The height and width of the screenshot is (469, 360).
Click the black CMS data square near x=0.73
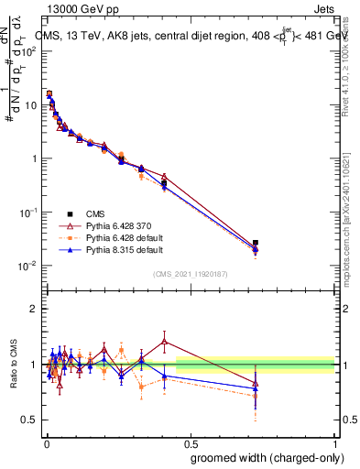(x=256, y=243)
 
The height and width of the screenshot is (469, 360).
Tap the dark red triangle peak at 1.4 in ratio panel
(x=164, y=342)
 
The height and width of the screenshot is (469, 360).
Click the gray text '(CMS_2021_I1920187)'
(x=191, y=274)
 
